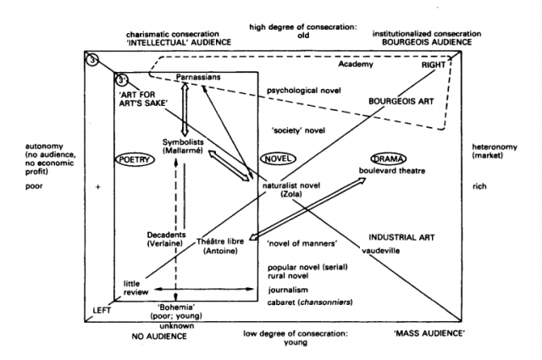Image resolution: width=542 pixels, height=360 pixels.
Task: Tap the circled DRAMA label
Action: (389, 158)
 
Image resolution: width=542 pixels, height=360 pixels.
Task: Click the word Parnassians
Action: (198, 78)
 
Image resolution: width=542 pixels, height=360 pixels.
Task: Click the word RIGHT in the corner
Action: (434, 64)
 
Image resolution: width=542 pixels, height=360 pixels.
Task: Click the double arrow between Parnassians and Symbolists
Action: (185, 108)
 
